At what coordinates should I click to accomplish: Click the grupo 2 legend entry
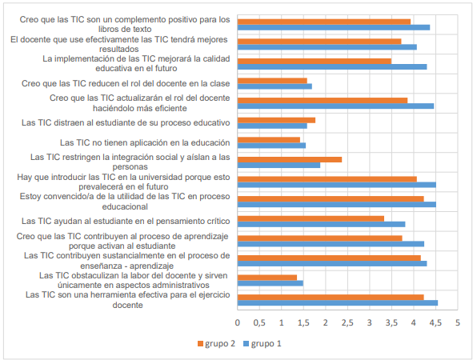(x=214, y=343)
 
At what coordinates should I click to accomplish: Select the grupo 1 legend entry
(x=264, y=343)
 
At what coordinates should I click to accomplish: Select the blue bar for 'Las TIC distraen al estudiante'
(x=272, y=126)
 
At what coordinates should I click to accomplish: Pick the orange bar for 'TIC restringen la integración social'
(x=290, y=159)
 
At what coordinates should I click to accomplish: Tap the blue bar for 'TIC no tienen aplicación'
(x=271, y=146)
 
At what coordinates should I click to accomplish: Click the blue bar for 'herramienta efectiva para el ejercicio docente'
(x=338, y=302)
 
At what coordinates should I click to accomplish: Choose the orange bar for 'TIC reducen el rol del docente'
(x=272, y=80)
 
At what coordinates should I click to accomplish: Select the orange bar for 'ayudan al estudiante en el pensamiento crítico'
(x=311, y=218)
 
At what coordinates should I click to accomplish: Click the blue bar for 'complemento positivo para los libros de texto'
(x=334, y=27)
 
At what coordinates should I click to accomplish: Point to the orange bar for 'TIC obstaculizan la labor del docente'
(x=267, y=277)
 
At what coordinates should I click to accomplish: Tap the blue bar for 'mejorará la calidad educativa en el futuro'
(x=332, y=66)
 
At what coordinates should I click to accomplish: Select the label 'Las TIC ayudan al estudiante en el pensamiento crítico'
(x=126, y=221)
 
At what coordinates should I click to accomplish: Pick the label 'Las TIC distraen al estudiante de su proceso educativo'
(x=126, y=122)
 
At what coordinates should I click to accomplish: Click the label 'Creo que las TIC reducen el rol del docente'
(x=126, y=83)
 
